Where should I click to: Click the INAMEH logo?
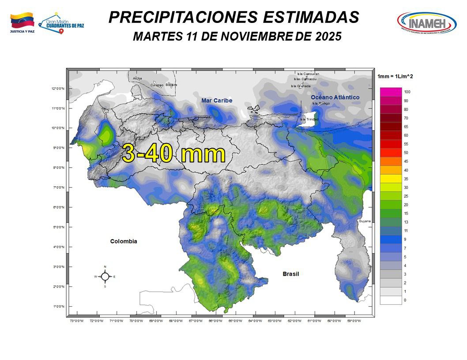click(x=426, y=22)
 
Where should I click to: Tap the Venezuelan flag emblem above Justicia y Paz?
click(x=22, y=20)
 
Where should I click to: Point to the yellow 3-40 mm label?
click(x=173, y=154)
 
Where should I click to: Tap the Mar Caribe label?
click(x=217, y=101)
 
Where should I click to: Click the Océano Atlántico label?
click(x=335, y=97)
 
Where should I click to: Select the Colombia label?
click(x=124, y=241)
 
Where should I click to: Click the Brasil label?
click(x=290, y=274)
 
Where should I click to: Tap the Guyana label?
click(x=365, y=221)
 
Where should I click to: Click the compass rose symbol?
click(x=105, y=277)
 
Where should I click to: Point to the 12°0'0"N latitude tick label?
click(x=58, y=89)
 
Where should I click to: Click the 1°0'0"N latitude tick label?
click(x=58, y=306)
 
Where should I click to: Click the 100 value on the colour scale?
click(x=407, y=92)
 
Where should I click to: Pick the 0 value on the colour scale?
click(x=405, y=300)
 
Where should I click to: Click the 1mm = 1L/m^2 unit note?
click(x=395, y=77)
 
